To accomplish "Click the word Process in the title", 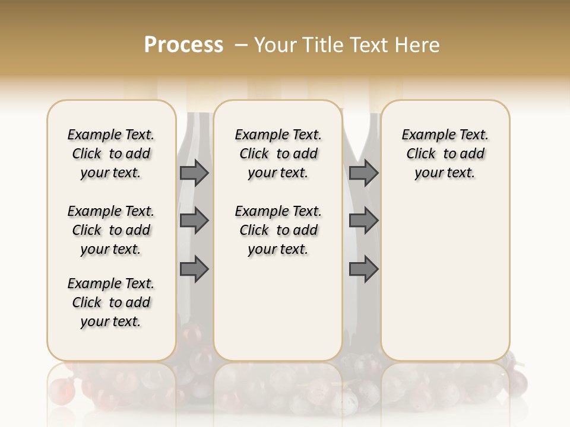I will [x=183, y=45].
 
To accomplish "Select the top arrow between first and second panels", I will [x=194, y=173].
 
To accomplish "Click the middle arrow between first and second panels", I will [x=194, y=221].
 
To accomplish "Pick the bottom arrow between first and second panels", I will [x=194, y=270].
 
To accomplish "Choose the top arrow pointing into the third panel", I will [x=363, y=173].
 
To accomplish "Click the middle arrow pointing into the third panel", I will [x=363, y=221].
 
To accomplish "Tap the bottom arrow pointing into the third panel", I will [x=363, y=270].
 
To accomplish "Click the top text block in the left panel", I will [x=111, y=154].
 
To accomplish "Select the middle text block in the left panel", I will [x=111, y=230].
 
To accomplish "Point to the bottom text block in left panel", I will [x=111, y=302].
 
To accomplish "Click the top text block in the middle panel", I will [x=278, y=154].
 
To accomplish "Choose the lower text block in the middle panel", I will [x=278, y=230].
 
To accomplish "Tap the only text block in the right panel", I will [x=445, y=154].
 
